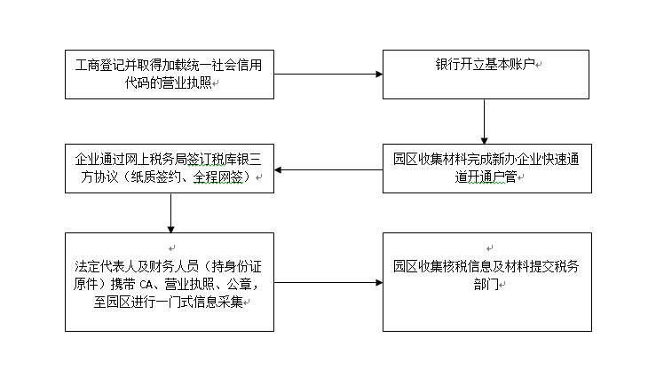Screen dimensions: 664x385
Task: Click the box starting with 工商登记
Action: coord(170,75)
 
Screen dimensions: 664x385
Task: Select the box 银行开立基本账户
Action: coord(486,75)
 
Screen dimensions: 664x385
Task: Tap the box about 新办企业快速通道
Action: coord(487,169)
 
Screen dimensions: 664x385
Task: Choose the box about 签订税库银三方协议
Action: coord(170,169)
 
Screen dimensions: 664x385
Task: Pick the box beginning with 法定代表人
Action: coord(170,282)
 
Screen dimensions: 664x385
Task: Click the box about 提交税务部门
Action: coord(487,282)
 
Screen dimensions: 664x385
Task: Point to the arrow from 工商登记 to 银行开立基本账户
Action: coord(328,74)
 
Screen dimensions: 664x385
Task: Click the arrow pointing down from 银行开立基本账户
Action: coord(484,122)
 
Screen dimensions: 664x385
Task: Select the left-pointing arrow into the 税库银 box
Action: coord(328,170)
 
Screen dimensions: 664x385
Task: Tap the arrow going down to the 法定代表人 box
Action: coord(170,213)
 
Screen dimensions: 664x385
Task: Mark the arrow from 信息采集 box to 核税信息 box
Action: coord(328,282)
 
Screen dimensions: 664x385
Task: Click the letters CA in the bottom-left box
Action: coord(146,285)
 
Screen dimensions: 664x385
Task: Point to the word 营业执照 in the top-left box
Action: coord(186,82)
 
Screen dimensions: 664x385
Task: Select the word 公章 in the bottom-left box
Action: coord(239,284)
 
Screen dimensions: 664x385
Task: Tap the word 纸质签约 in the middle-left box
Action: coord(155,177)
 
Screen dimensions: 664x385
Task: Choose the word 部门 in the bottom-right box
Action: coord(486,284)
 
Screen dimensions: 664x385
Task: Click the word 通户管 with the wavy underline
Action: coord(499,177)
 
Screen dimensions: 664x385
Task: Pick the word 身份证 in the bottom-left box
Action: coord(242,266)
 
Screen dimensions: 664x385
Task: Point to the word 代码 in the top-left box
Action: coord(138,82)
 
